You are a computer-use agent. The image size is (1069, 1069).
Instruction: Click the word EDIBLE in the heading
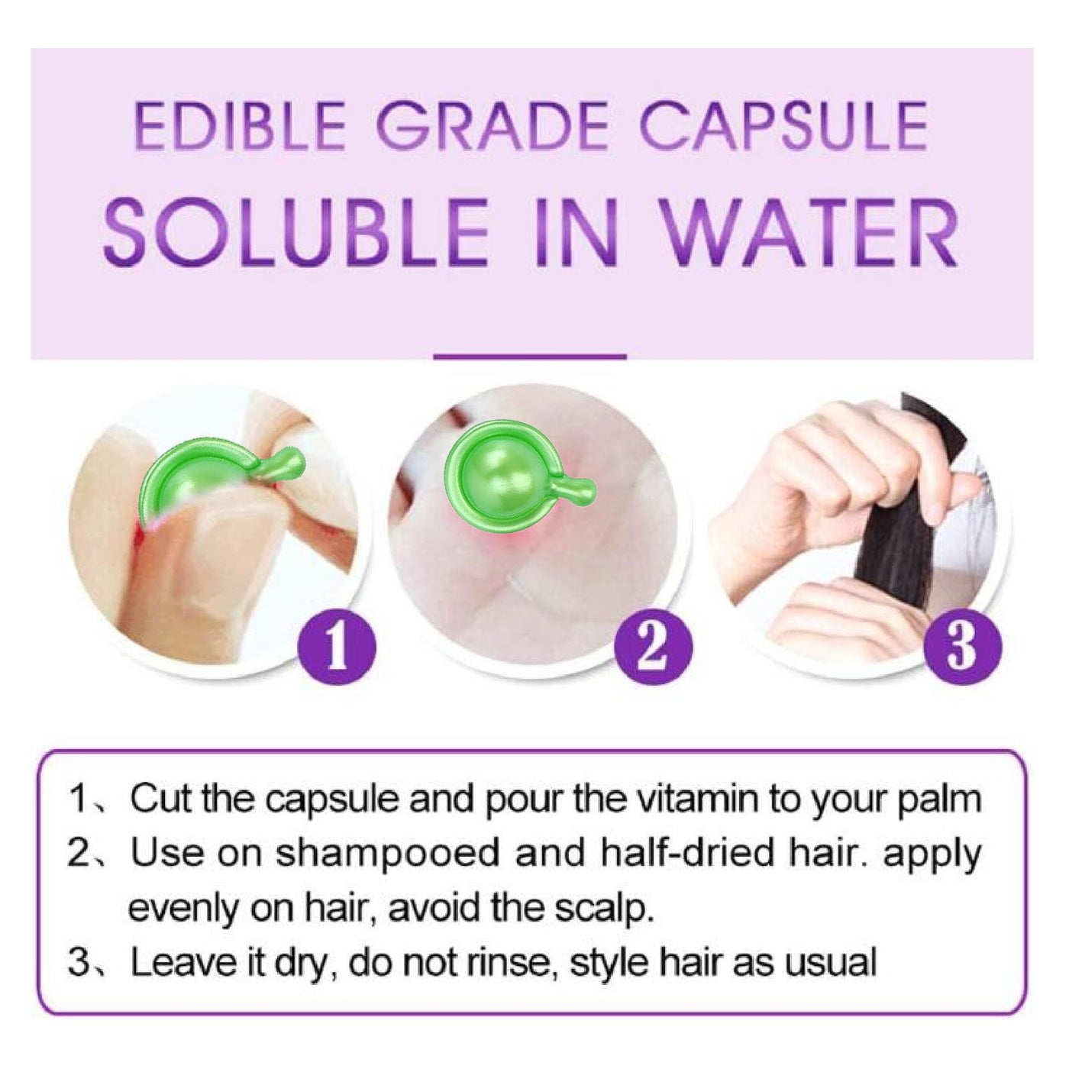click(x=238, y=127)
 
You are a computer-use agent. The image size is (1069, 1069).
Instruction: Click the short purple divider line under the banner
click(x=530, y=357)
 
